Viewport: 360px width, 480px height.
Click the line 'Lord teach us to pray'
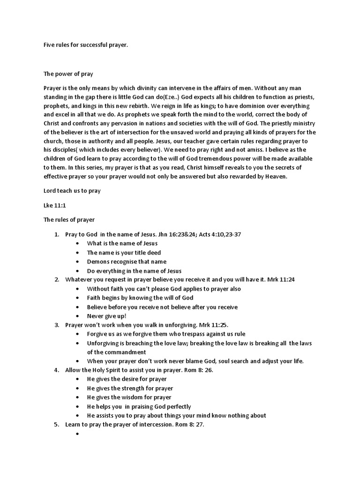tap(72, 191)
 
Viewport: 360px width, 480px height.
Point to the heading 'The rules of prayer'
tap(69, 219)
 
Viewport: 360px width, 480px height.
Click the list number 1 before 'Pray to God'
tap(56, 234)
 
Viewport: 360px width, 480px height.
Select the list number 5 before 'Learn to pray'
tap(56, 424)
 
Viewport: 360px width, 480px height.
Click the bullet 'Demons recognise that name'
tap(127, 262)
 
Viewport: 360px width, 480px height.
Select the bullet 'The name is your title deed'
tap(124, 253)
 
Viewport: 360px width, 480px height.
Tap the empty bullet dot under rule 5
tap(75, 434)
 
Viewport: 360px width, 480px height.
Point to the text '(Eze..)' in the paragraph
tap(169, 97)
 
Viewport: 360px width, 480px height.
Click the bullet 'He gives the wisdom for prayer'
tap(129, 397)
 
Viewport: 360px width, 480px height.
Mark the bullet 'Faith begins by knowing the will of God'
tap(140, 298)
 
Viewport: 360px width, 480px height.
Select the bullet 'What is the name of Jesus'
tap(122, 243)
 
